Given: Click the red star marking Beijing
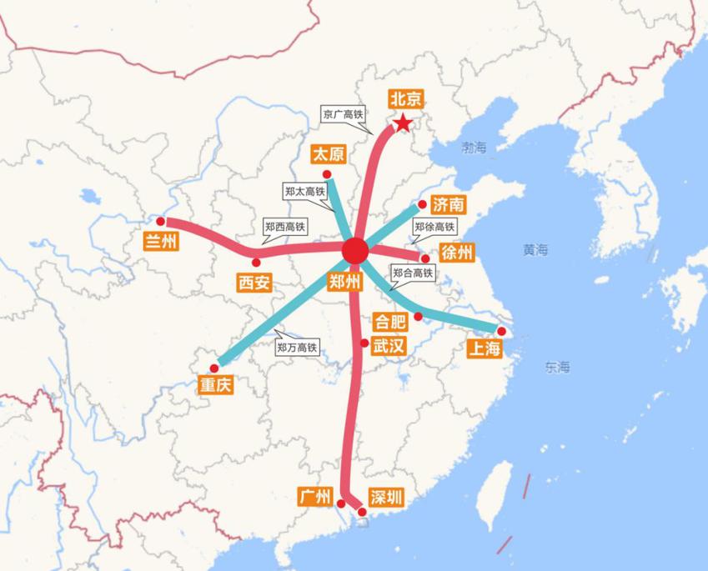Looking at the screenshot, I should [x=403, y=123].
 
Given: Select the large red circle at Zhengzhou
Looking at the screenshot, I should [x=355, y=251].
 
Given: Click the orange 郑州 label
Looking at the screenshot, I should [x=345, y=281].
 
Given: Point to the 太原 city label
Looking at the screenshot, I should [x=328, y=155].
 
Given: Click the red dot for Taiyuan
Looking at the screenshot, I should [x=327, y=174].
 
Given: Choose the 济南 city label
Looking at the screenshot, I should [x=449, y=205].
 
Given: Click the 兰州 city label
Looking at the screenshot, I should [x=162, y=242].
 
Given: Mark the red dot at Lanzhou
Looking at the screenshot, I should [x=161, y=222].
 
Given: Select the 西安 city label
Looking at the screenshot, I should [x=254, y=283].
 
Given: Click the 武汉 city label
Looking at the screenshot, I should [x=389, y=344].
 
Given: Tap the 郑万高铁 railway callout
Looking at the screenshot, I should [x=297, y=347].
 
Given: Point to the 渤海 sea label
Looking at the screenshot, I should [x=474, y=148].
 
